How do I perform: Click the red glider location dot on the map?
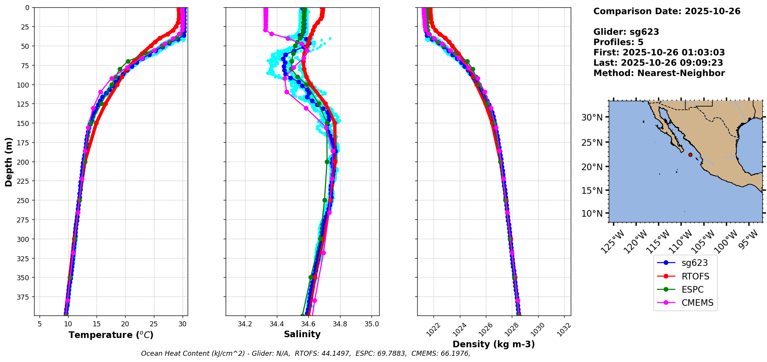(x=690, y=155)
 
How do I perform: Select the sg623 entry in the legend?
(x=694, y=263)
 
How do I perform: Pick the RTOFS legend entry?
(x=695, y=276)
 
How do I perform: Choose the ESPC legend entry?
(x=692, y=290)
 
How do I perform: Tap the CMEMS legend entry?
(x=697, y=303)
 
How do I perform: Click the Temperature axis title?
(x=111, y=335)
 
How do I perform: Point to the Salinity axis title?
(x=302, y=334)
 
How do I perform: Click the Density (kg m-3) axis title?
(x=494, y=344)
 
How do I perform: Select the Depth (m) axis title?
(x=9, y=162)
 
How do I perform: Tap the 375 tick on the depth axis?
(x=24, y=297)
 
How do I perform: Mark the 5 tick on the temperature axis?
(x=40, y=324)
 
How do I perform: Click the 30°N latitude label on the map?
(x=592, y=117)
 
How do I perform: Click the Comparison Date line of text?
(x=667, y=11)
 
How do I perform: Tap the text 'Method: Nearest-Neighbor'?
(x=659, y=73)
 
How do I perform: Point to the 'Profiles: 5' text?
(x=618, y=42)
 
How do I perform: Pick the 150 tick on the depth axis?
(x=24, y=123)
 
